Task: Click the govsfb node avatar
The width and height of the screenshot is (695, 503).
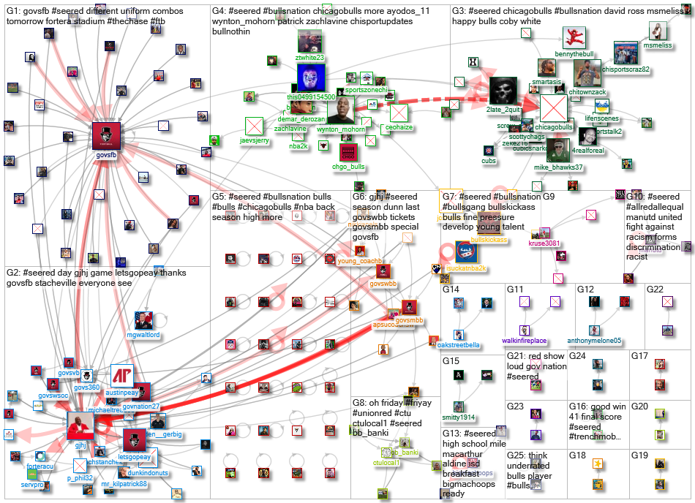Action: click(x=107, y=136)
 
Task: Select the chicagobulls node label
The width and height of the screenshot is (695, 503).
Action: click(x=554, y=126)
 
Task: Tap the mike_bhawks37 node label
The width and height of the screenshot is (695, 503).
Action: click(x=557, y=167)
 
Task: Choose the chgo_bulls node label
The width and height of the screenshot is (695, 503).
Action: click(x=347, y=167)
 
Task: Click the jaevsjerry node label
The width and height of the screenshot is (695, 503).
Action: click(x=254, y=141)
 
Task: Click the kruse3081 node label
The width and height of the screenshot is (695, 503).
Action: click(x=544, y=243)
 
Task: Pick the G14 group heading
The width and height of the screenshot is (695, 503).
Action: click(x=451, y=290)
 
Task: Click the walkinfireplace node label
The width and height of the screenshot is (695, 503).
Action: click(x=525, y=341)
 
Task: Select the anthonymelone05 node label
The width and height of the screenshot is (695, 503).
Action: click(x=594, y=341)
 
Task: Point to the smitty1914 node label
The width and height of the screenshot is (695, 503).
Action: click(x=459, y=417)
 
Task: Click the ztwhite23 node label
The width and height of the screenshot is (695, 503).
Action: click(x=309, y=58)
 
